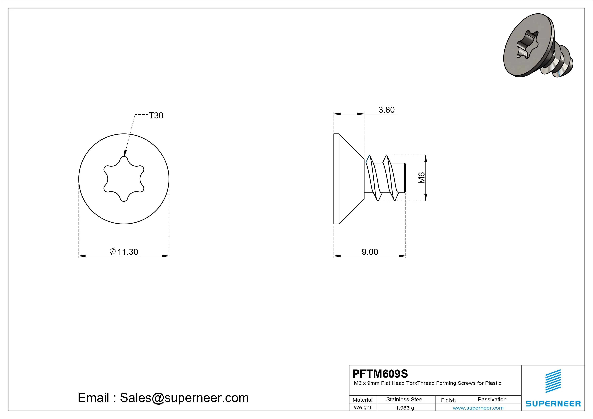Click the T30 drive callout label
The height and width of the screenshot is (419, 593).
point(156,116)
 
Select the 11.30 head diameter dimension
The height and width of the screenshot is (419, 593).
point(128,252)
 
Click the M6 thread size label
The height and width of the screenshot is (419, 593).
point(421,178)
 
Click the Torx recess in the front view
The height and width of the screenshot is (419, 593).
point(124,179)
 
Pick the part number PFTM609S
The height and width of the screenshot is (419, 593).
point(380,374)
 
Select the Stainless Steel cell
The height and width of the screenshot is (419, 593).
point(405,399)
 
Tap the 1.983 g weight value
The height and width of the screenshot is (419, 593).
point(405,408)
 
